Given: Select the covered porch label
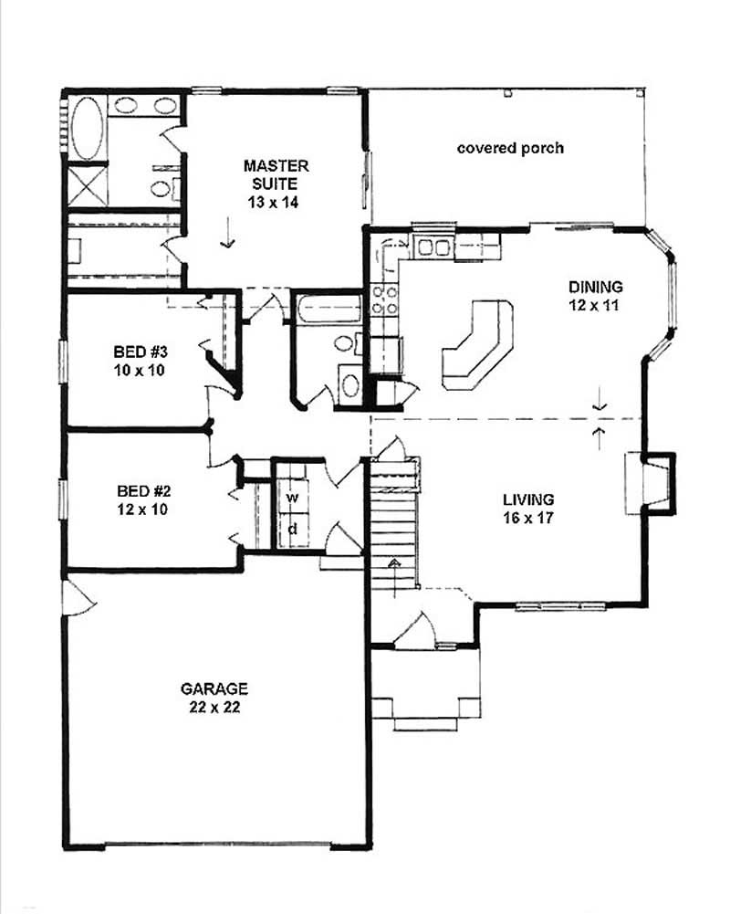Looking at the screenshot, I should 510,147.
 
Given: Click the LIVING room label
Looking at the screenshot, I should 527,499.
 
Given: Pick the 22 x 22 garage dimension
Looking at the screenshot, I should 214,706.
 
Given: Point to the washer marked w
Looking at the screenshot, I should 293,498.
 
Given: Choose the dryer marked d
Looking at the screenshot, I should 293,529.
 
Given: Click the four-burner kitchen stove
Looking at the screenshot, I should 383,301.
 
